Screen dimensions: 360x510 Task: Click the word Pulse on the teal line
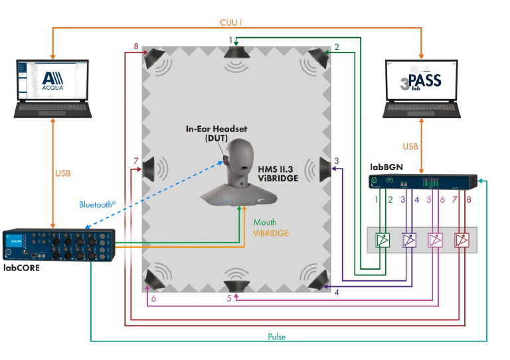click(x=276, y=337)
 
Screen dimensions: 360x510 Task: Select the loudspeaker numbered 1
click(x=236, y=59)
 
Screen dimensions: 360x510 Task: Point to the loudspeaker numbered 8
click(x=157, y=60)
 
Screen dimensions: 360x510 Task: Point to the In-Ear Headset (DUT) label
click(x=207, y=132)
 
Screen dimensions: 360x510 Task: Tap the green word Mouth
click(x=266, y=223)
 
